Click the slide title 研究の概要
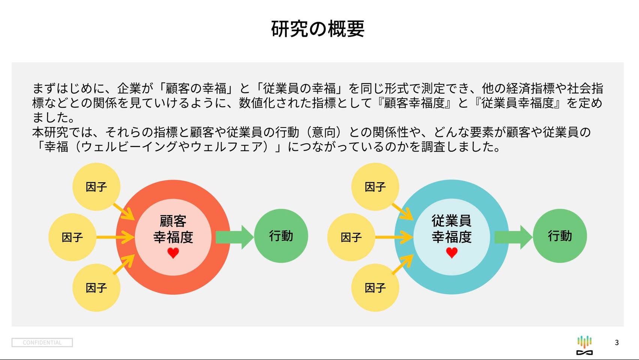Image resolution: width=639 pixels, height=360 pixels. [x=317, y=29]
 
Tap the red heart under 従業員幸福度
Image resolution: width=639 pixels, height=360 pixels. [x=452, y=253]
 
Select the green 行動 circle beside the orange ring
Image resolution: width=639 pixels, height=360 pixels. [x=281, y=236]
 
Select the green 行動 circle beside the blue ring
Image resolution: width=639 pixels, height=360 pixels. [x=560, y=236]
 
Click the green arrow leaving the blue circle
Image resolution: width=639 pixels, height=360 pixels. [x=513, y=237]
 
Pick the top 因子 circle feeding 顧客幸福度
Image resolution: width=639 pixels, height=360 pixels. [x=96, y=187]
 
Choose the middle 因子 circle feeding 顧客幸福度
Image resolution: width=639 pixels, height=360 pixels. [x=72, y=237]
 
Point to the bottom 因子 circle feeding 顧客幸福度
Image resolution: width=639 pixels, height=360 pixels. [x=96, y=288]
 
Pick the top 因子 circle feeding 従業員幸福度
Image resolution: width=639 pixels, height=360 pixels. [x=375, y=187]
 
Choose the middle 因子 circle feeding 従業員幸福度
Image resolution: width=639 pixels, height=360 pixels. [x=351, y=237]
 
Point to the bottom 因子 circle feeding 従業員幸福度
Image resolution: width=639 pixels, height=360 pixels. [x=375, y=288]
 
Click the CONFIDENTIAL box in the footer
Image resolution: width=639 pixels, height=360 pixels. [x=42, y=343]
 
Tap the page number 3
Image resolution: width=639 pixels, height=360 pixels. [x=617, y=343]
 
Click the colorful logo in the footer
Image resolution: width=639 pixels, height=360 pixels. [x=585, y=345]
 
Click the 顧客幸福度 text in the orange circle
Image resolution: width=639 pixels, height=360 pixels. [x=173, y=229]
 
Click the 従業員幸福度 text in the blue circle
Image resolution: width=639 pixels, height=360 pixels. [x=452, y=229]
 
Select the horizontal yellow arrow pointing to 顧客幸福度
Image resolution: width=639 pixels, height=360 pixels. [x=115, y=237]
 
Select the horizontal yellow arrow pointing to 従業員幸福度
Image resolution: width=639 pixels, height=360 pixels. [x=394, y=237]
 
